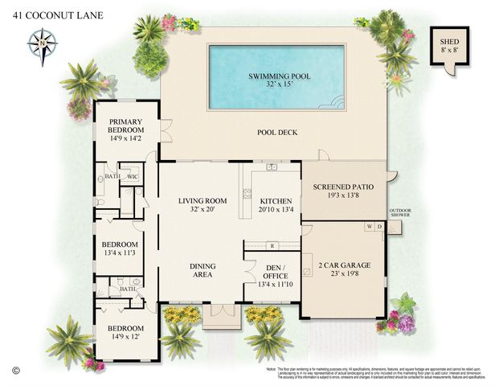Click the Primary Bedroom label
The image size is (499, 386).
(126, 129)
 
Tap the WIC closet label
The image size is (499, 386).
(133, 176)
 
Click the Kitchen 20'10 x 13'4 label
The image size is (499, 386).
(271, 204)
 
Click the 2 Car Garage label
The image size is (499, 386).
(342, 272)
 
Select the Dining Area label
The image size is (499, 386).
(201, 271)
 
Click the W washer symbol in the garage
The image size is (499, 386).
(369, 228)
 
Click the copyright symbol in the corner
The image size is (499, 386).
(14, 370)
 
